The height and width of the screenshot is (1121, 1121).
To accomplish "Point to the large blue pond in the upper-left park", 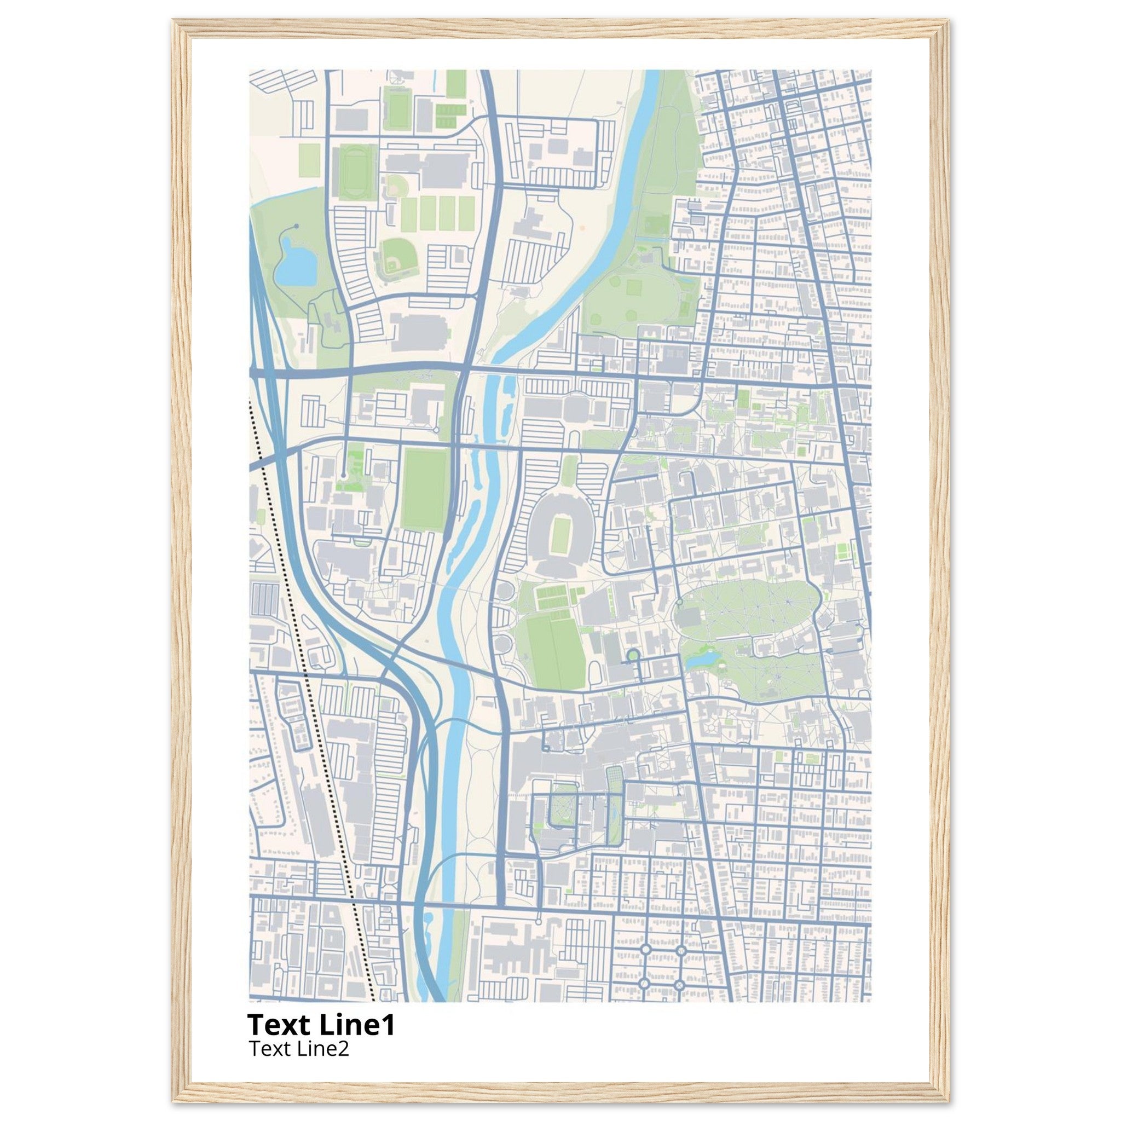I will coord(296,264).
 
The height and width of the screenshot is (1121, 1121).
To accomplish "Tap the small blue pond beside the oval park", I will coord(703,660).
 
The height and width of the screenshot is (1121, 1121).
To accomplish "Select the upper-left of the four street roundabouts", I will coord(645,949).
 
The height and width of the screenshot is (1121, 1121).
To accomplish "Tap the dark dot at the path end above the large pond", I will coord(296,226).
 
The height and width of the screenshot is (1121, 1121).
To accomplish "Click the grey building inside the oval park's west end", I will coord(689,616).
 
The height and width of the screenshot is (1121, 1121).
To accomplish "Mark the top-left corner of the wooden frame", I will coord(174,21).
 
